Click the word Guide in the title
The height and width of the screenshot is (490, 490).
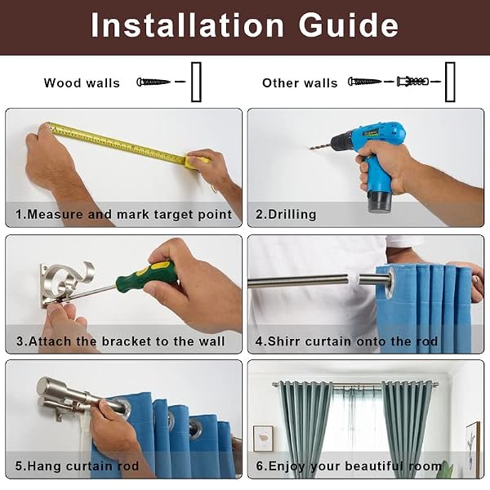pyautogui.click(x=349, y=25)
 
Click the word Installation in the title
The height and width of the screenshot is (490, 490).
pyautogui.click(x=187, y=25)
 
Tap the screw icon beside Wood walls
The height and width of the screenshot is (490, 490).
pyautogui.click(x=154, y=82)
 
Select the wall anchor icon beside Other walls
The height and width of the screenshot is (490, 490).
pyautogui.click(x=412, y=81)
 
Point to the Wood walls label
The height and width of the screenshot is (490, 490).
pyautogui.click(x=82, y=83)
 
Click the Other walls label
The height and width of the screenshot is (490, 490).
pyautogui.click(x=300, y=83)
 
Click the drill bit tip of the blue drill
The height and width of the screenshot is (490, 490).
pyautogui.click(x=310, y=149)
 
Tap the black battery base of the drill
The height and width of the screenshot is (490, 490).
pyautogui.click(x=380, y=201)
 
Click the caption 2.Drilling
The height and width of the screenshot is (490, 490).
pyautogui.click(x=286, y=214)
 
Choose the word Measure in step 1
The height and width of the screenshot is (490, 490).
pyautogui.click(x=55, y=214)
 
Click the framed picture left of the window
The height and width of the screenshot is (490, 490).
pyautogui.click(x=263, y=438)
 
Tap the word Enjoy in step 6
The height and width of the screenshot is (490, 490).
pyautogui.click(x=287, y=466)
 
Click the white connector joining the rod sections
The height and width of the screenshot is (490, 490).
pyautogui.click(x=354, y=279)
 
